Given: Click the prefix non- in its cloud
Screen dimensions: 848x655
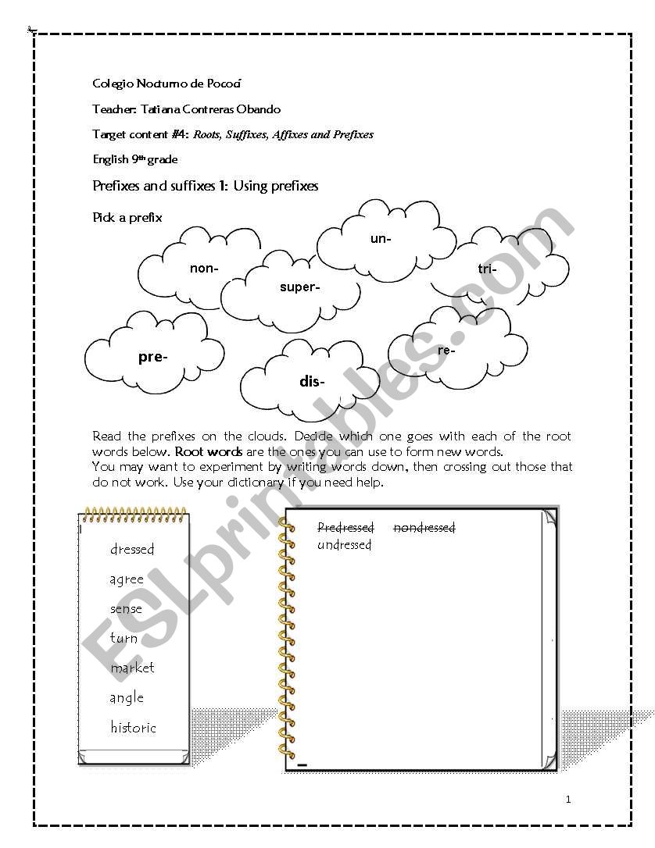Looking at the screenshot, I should (204, 269).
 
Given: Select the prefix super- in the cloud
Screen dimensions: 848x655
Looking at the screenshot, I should (299, 287).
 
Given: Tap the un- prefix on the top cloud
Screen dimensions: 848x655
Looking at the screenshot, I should (381, 239).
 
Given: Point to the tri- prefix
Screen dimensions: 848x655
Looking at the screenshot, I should (486, 269).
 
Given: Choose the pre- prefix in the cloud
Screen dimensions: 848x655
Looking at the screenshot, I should (152, 357).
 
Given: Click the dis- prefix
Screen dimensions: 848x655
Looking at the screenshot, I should (312, 382).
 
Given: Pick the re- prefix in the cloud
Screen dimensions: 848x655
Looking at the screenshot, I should (446, 351).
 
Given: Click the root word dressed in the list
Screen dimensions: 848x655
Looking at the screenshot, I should (132, 549).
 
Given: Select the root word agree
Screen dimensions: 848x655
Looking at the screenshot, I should (127, 579).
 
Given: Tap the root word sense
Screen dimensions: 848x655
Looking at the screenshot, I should (126, 608).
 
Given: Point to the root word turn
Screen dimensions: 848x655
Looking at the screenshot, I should (123, 638).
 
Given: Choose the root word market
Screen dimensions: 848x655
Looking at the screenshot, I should (132, 668).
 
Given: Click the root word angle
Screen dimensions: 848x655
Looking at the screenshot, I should (127, 698).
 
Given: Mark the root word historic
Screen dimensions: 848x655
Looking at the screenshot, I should (133, 728).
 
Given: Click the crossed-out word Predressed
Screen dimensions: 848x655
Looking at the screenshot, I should (345, 528).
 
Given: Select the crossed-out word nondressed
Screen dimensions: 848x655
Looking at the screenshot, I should (424, 528).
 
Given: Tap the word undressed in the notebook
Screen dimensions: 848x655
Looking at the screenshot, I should (344, 545).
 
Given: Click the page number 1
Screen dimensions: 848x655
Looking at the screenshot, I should (568, 799).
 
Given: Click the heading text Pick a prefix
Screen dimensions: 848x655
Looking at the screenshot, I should (127, 218).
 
